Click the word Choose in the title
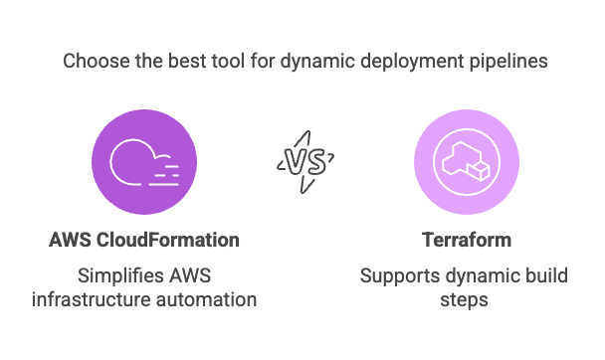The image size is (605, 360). coord(94,62)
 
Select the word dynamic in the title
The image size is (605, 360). coord(312,62)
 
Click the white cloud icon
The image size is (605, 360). coord(144,162)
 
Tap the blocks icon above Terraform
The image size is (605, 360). coord(467,162)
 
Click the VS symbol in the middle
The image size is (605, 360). coord(304,162)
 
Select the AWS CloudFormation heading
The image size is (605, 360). coord(144,240)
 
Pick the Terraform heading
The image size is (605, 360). coord(467,240)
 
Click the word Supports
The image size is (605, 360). coord(396,273)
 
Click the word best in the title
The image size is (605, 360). coord(181,62)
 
